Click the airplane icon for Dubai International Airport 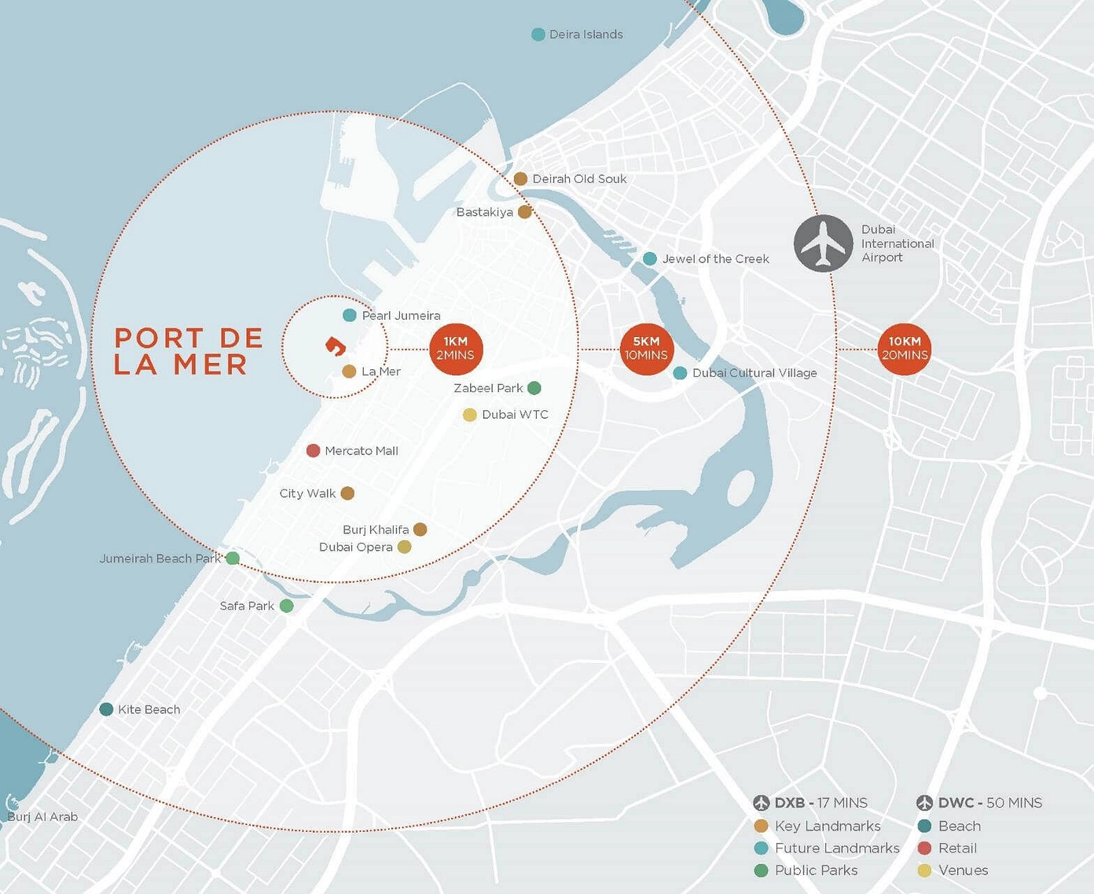823,244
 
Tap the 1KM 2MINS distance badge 456,349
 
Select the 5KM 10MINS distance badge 646,349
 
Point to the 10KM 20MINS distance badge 905,349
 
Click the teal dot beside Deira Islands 538,35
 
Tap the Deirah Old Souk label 579,179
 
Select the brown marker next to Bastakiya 525,212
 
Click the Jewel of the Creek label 715,259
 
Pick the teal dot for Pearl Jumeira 350,315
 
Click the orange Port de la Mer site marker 336,346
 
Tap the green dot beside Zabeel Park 534,388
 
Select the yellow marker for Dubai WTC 469,415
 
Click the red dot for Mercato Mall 313,451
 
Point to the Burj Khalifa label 376,529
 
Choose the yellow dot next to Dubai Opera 404,547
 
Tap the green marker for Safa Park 287,606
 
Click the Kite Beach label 149,709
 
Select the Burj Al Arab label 42,817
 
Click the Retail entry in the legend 957,848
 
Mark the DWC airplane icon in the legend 924,803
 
